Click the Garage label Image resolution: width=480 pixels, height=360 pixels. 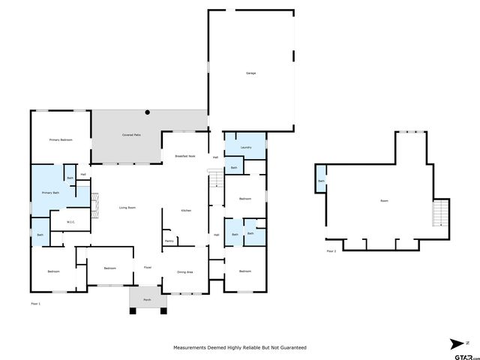[x=250, y=73]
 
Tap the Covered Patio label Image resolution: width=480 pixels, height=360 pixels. [x=132, y=135]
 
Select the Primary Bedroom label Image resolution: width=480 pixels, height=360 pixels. [x=61, y=140]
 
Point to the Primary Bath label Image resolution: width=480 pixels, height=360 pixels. [x=40, y=193]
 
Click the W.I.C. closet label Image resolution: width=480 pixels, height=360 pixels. [x=70, y=221]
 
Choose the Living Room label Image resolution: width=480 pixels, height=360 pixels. [x=127, y=208]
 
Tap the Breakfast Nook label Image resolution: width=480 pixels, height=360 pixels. [x=185, y=156]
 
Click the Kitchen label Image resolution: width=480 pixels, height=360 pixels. [x=186, y=211]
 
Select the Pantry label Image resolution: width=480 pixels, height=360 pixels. [x=169, y=241]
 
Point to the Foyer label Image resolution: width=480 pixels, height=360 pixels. [x=148, y=267]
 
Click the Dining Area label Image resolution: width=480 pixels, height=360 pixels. [x=184, y=271]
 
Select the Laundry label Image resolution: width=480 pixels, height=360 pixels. [x=246, y=148]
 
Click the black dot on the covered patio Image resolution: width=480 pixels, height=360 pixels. [x=148, y=112]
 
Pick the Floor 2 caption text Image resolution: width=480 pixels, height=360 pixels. [x=331, y=251]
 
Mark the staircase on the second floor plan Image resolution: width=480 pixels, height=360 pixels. [x=441, y=214]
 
